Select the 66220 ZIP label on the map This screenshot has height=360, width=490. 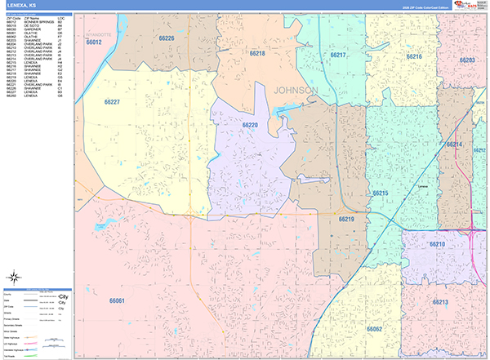point(250,125)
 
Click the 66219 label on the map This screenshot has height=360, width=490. point(346,219)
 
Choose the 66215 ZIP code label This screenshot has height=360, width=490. point(381,193)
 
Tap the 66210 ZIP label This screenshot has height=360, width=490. point(437,244)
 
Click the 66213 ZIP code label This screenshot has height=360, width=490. point(441,302)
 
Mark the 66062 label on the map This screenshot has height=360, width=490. point(375,328)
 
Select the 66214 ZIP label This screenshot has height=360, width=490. point(455,144)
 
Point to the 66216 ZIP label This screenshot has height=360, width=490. point(414,56)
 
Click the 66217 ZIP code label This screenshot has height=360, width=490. point(338,55)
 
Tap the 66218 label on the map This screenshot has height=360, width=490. point(257,53)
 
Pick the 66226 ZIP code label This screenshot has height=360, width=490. point(167,38)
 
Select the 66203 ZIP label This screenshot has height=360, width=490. point(467,60)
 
